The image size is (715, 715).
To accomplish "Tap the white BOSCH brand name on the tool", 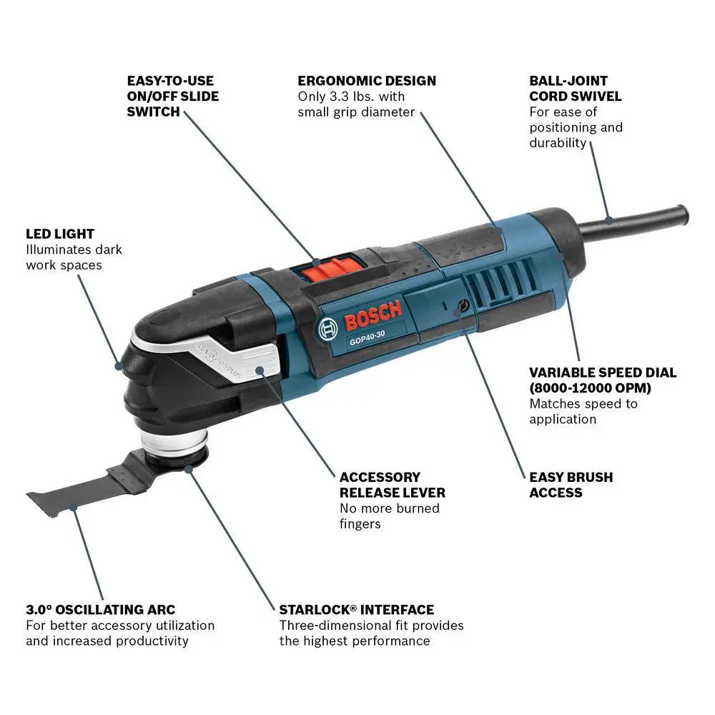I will pos(373,315).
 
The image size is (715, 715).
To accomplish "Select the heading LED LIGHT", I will pos(60,234).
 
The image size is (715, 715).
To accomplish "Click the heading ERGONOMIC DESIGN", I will pos(367,81).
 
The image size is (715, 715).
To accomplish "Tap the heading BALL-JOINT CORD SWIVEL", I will pos(576,89).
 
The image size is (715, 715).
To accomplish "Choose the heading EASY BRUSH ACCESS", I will pos(571,485).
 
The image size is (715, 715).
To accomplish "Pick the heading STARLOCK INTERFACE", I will pos(356,610).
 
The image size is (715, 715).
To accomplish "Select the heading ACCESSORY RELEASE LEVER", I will pos(392,485).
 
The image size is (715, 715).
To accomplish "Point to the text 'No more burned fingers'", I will pos(390,516).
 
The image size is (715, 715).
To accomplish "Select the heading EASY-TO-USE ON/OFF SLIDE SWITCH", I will pos(173,97).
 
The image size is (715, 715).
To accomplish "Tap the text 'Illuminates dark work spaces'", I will pos(74,257).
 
